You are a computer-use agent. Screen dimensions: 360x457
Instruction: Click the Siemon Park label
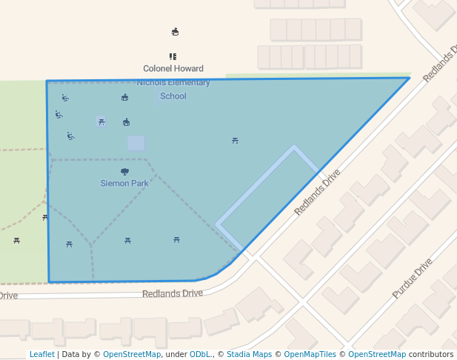[x=124, y=183]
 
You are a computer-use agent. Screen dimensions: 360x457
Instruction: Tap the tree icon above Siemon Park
[x=124, y=172]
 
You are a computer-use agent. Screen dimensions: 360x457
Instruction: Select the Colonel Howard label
[x=173, y=68]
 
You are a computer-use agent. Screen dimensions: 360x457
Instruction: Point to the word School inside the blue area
[x=173, y=96]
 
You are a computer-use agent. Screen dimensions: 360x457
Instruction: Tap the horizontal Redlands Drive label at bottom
[x=173, y=293]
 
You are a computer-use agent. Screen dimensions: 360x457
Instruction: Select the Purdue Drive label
[x=412, y=279]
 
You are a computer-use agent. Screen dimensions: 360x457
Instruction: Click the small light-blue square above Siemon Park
[x=136, y=143]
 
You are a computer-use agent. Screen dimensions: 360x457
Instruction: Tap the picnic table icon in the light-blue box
[x=101, y=121]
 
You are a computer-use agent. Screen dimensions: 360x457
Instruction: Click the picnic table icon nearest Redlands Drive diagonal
[x=235, y=140]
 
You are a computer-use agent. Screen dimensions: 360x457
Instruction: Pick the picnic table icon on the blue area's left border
[x=45, y=217]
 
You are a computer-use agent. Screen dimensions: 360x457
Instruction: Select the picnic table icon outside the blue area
[x=16, y=240]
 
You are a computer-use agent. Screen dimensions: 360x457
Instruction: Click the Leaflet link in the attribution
[x=41, y=354]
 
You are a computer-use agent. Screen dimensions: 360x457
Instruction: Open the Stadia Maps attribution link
[x=249, y=354]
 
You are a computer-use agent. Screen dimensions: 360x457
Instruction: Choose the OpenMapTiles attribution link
[x=310, y=354]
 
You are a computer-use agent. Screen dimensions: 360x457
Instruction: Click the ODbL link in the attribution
[x=200, y=354]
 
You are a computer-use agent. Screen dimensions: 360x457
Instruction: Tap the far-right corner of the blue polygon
[x=410, y=78]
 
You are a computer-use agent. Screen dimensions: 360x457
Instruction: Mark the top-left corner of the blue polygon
[x=47, y=81]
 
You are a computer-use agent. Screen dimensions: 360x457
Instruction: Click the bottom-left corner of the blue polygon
[x=49, y=281]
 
